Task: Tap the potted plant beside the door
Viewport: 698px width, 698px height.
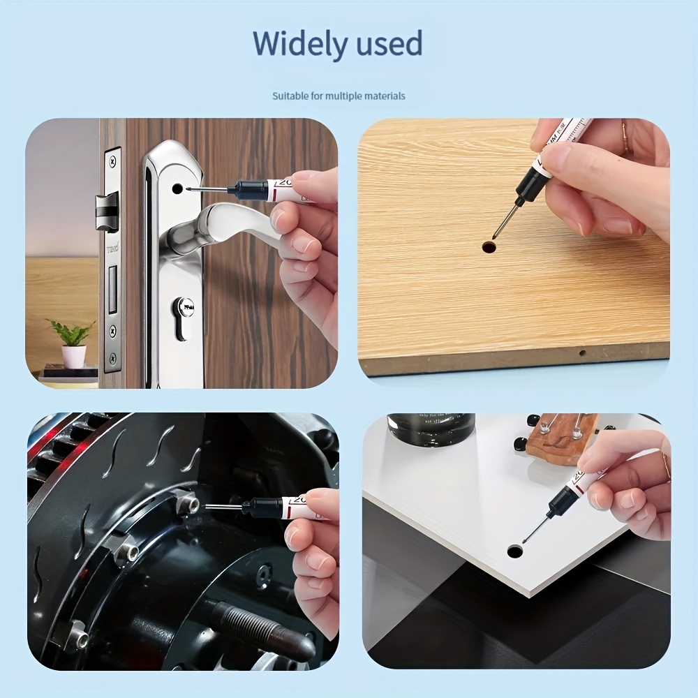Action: click(72, 342)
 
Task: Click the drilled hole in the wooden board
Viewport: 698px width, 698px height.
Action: click(489, 246)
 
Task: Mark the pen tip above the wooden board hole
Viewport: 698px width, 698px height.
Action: click(496, 235)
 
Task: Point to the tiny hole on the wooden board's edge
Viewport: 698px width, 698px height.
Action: click(582, 352)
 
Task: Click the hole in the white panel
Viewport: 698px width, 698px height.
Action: click(515, 551)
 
